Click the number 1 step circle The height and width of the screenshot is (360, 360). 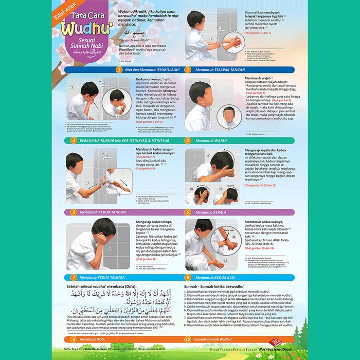pyautogui.click(x=119, y=69)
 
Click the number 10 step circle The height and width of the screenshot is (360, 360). pyautogui.click(x=188, y=339)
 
